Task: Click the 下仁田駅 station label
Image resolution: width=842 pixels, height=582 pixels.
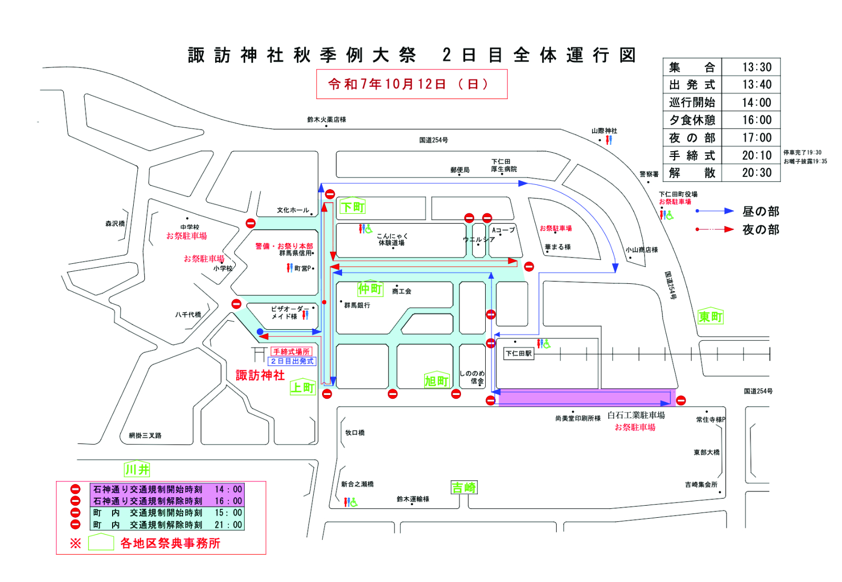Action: pos(518,353)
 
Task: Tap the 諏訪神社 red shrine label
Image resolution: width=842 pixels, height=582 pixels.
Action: pos(260,375)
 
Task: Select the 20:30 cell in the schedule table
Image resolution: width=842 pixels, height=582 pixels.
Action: pos(757,173)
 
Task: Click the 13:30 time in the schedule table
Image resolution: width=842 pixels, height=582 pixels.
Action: pos(757,67)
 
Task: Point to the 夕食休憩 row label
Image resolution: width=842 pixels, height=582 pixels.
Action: pos(692,120)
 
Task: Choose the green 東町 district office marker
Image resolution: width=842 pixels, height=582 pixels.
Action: pos(710,316)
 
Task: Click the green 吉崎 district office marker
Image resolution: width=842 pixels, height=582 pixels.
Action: pos(464,488)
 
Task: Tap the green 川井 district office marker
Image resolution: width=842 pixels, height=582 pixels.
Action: pos(137,469)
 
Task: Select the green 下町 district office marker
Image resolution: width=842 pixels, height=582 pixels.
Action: pos(352,206)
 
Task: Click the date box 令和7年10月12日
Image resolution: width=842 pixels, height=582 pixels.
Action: pos(412,84)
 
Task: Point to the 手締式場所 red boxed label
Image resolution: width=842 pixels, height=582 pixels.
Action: pos(291,351)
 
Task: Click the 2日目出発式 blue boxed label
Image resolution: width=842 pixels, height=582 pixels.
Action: pos(292,361)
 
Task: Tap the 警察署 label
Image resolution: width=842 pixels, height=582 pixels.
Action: pos(649,174)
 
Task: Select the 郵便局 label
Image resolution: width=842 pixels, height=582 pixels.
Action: pos(459,170)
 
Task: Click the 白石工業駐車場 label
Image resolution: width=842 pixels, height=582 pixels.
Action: pos(636,416)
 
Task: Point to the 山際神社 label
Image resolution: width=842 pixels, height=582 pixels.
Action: pos(604,131)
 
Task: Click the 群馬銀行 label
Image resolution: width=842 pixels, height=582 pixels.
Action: pos(357,305)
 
